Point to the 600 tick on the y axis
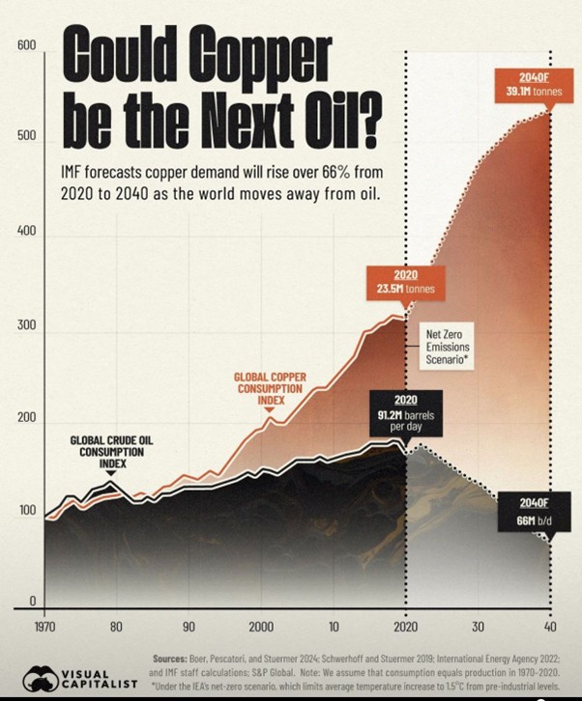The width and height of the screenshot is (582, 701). (26, 45)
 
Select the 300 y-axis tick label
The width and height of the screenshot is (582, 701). (26, 325)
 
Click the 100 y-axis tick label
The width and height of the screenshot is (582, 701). (26, 511)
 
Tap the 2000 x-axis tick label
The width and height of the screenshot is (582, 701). (261, 625)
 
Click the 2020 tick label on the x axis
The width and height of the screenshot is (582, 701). (406, 625)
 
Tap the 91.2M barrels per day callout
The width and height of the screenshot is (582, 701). (406, 412)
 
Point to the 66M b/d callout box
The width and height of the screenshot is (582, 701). (534, 513)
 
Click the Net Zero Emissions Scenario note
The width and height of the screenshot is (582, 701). (450, 349)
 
